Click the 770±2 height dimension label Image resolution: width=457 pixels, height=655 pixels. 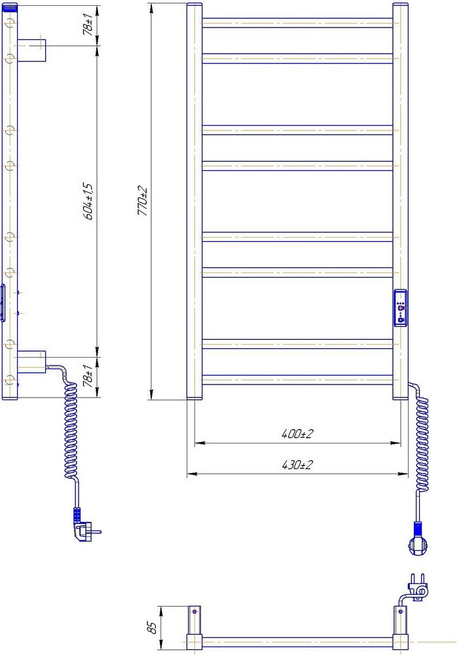(x=143, y=201)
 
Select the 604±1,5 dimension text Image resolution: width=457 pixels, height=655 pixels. (x=88, y=201)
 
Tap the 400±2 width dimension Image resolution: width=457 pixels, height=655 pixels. (x=297, y=434)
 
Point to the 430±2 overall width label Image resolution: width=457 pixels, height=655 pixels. (x=297, y=464)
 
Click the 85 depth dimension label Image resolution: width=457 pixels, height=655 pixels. (x=153, y=627)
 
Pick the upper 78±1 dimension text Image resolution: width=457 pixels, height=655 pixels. (x=88, y=25)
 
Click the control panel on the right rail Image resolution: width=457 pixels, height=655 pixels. (x=401, y=307)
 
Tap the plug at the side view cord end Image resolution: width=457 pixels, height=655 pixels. (x=85, y=530)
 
